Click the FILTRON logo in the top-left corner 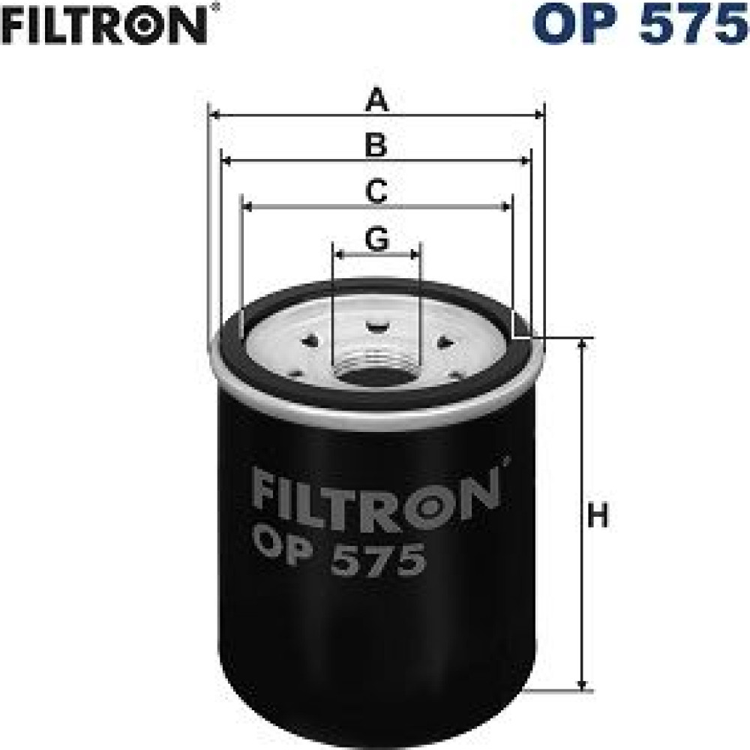[x=104, y=25]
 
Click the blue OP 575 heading [x=640, y=24]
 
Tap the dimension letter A [x=376, y=100]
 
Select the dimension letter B [x=376, y=145]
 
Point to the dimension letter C [x=376, y=190]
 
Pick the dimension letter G [x=377, y=238]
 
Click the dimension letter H [x=598, y=515]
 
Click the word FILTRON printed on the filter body [x=376, y=499]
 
